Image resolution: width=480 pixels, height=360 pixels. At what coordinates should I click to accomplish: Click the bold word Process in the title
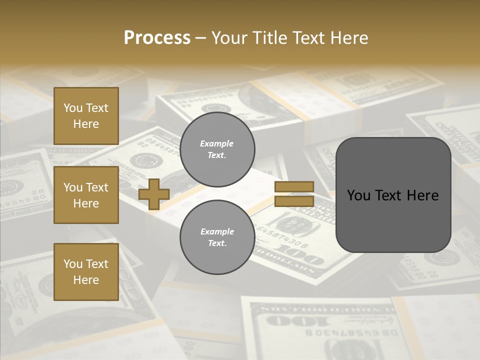(x=157, y=38)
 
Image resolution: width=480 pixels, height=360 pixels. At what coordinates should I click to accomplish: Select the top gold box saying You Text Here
(x=86, y=116)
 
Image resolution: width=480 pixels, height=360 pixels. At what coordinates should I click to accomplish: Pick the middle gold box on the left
(x=86, y=195)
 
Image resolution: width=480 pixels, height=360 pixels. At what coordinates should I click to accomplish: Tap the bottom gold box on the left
(x=86, y=272)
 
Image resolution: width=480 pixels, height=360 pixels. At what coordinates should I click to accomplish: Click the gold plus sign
(x=154, y=194)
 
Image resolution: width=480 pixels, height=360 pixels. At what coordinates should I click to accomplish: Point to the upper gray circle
(x=217, y=149)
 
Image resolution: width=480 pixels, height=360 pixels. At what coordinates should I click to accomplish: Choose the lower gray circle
(x=217, y=237)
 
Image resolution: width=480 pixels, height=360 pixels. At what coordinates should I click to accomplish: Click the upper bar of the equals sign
(x=294, y=187)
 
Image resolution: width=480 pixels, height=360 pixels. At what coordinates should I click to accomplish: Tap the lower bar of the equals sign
(x=294, y=201)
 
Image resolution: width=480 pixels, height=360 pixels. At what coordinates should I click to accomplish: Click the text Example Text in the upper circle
(x=217, y=149)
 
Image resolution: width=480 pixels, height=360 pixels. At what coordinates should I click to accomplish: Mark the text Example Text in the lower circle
(x=217, y=237)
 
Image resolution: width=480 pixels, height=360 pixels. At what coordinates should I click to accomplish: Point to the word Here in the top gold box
(x=86, y=124)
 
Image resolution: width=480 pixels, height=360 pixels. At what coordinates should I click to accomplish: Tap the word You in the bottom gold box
(x=73, y=264)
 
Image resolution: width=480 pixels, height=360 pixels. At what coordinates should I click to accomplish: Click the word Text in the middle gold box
(x=97, y=187)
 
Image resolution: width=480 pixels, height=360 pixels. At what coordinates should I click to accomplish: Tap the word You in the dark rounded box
(x=358, y=195)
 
